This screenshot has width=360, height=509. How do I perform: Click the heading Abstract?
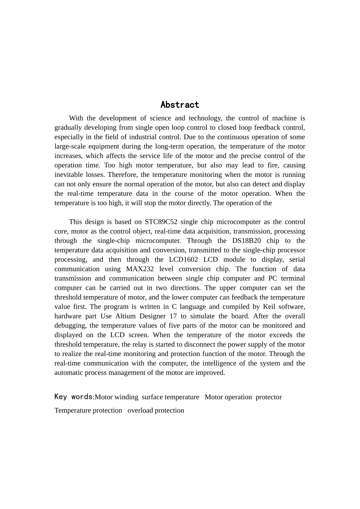coord(180,105)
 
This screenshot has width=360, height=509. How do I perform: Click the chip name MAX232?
coord(140,269)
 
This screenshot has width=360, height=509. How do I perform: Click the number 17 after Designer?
coord(173,316)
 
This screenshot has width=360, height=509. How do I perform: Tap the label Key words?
coord(74,397)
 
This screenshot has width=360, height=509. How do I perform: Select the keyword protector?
coord(269,397)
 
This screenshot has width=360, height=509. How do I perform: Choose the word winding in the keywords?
coord(127,397)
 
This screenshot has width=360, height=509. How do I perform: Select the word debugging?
coord(70,326)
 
